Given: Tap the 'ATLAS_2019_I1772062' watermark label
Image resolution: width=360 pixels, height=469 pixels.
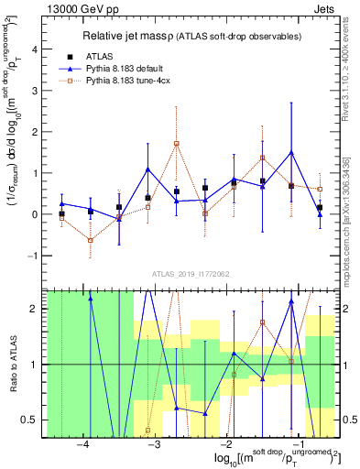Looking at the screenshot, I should (188, 273).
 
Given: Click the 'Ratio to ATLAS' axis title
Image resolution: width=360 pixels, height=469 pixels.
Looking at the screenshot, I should (12, 365).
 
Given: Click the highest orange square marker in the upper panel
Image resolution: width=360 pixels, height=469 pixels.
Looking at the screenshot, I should (177, 144).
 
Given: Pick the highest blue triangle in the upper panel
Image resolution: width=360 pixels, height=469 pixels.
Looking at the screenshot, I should (291, 152).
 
